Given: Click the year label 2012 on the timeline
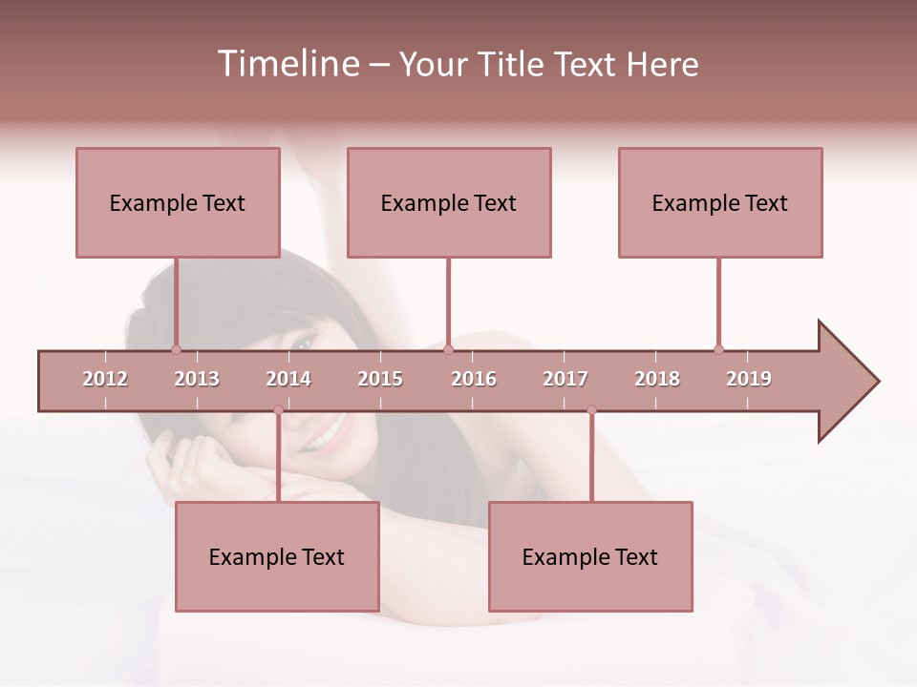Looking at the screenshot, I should tap(105, 379).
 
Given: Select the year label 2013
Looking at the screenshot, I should tap(197, 379).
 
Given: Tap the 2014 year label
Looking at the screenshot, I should tap(288, 379).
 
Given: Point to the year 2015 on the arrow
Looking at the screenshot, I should tap(380, 379).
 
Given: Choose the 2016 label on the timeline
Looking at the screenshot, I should tap(474, 379).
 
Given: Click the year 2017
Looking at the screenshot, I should tap(565, 379).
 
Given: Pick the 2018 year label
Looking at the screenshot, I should tap(657, 379).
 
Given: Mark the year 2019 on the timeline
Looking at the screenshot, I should tap(749, 379).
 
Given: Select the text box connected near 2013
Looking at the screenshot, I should tap(178, 202).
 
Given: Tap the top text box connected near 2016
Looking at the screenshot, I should tap(449, 202).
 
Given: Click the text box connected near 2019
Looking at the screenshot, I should tap(720, 202).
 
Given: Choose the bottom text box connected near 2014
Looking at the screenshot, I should tap(277, 556).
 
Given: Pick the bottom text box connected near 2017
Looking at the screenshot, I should tap(590, 556).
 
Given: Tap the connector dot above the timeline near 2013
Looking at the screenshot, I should tap(176, 349).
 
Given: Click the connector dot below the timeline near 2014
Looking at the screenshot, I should tap(278, 410).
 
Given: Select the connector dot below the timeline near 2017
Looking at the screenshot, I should tap(591, 410).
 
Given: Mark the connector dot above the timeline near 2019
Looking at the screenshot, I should tap(718, 349).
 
